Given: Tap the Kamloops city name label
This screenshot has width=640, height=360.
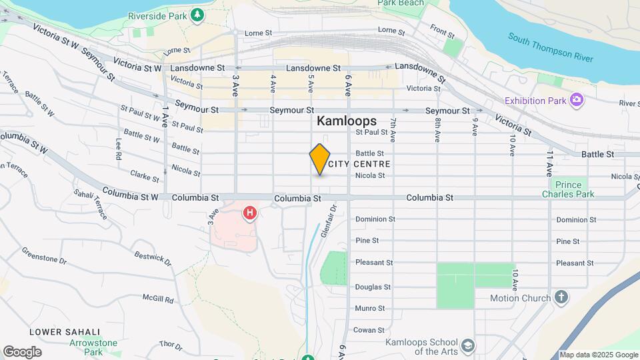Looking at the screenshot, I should tap(346, 121).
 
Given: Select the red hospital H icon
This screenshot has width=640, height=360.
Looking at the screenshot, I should tap(250, 213).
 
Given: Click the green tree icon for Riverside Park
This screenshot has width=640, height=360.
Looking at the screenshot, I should tap(197, 15).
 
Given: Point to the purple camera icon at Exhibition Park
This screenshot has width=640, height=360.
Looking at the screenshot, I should tap(577, 100).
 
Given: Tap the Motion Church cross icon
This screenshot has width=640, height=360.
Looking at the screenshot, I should tap(562, 297).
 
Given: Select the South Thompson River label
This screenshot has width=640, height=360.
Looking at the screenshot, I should tap(550, 47).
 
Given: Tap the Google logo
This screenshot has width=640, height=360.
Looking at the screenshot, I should tap(22, 352).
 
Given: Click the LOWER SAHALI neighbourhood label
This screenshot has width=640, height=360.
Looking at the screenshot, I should tap(65, 331).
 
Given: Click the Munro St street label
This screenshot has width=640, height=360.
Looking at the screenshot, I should tap(370, 308).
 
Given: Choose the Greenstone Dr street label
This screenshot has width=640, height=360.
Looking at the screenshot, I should tap(43, 256).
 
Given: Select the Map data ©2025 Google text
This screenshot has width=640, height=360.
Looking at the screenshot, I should tap(599, 355).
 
